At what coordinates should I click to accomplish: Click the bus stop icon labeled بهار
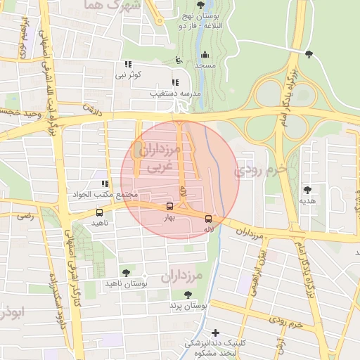click(x=169, y=206)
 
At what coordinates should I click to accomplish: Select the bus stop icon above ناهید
click(x=99, y=212)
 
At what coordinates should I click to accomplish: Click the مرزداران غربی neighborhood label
click(x=160, y=157)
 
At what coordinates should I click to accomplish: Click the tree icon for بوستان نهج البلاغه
click(x=201, y=5)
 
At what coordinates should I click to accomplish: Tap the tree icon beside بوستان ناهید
click(x=126, y=273)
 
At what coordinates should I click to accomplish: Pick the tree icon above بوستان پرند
click(x=187, y=295)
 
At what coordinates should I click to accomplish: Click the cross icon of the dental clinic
click(x=215, y=333)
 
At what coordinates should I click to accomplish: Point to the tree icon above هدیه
click(x=307, y=189)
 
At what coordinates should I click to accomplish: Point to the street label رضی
click(x=25, y=218)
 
